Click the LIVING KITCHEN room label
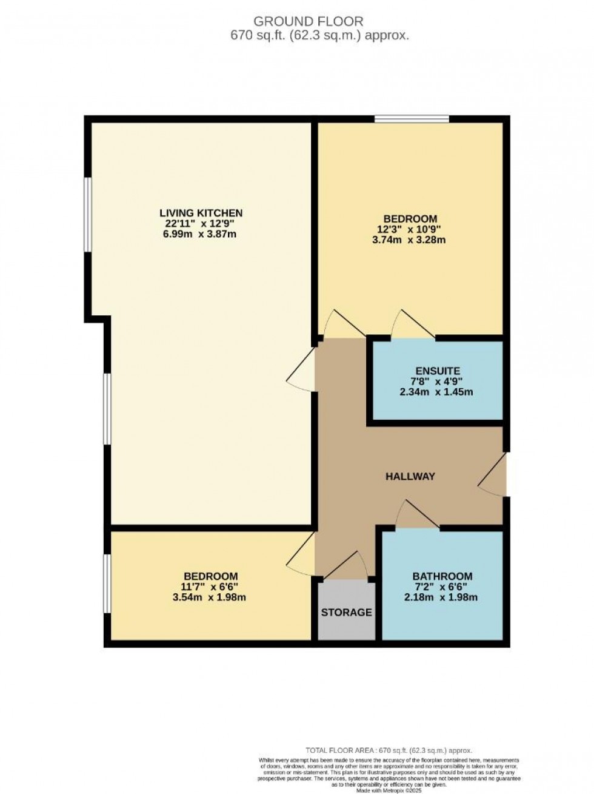tap(201, 213)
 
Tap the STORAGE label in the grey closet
tap(346, 613)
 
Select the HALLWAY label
tap(410, 477)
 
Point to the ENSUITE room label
tap(437, 371)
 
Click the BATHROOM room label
tap(442, 576)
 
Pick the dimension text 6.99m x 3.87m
tap(199, 234)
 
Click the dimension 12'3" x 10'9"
tap(410, 229)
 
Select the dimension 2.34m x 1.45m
tap(436, 392)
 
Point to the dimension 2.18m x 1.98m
tap(441, 597)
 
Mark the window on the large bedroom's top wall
tap(412, 119)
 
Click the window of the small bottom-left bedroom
tap(107, 584)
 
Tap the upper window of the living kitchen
tap(88, 214)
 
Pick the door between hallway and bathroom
tap(417, 514)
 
